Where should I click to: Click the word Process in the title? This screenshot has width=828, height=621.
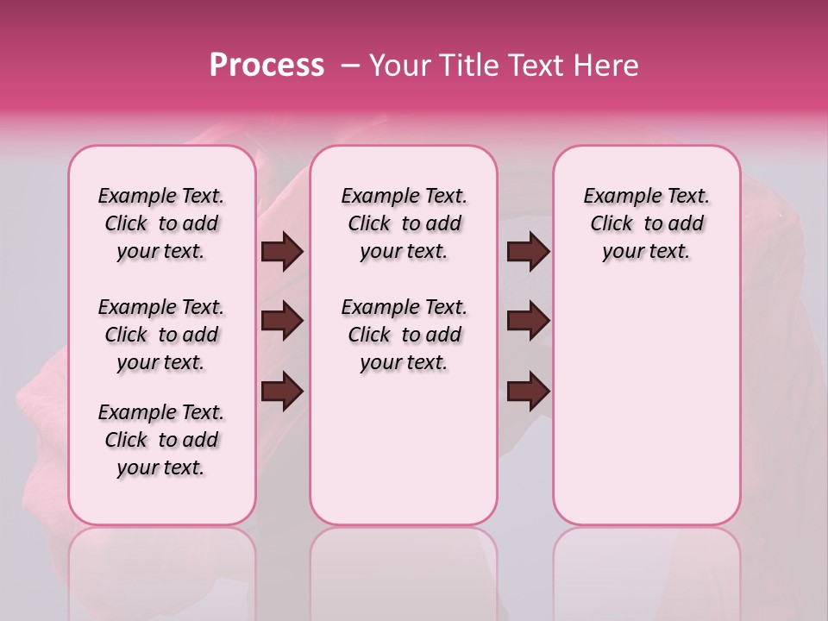coord(267,66)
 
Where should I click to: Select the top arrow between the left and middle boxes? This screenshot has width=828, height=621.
coord(282,252)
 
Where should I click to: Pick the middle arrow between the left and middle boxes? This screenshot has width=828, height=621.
coord(282,322)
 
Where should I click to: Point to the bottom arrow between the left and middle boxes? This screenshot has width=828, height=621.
coord(282,392)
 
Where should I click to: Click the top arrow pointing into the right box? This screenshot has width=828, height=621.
coord(528,252)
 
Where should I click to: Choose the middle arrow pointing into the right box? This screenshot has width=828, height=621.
coord(528,322)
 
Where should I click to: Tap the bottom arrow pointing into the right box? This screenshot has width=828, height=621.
coord(528,392)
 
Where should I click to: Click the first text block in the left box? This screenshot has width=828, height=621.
coord(161,223)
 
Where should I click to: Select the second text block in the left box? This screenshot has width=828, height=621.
coord(161,335)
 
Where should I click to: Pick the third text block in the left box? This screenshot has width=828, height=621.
coord(161,440)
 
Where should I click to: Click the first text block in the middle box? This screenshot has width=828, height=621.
coord(404,223)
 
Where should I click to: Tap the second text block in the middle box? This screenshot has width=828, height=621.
coord(404,335)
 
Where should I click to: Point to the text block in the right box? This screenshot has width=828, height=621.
coord(646,223)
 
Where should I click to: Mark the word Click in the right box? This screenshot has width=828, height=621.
coord(612,224)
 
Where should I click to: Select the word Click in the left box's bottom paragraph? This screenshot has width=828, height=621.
coord(126,441)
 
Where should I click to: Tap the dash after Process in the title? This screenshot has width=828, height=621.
coord(350,66)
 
